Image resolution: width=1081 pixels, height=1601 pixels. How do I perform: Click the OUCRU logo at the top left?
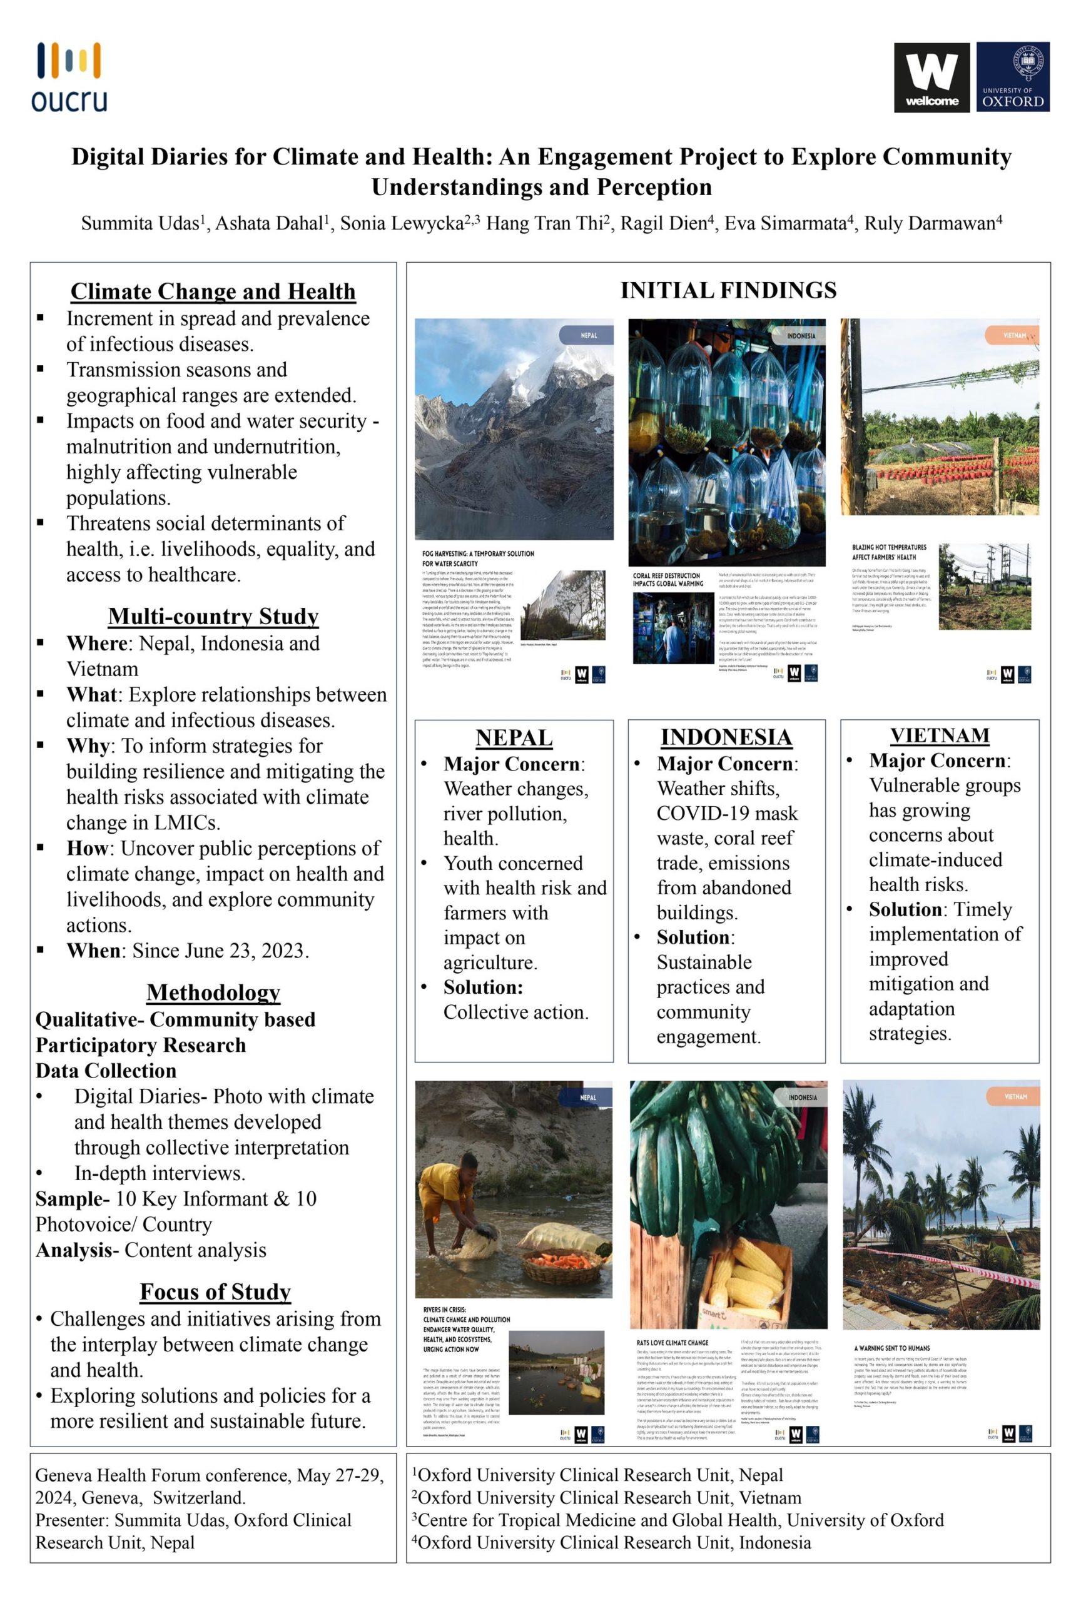69,76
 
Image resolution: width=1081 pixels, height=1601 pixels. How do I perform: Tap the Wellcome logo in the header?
931,76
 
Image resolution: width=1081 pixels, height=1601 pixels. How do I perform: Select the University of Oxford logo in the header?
1012,76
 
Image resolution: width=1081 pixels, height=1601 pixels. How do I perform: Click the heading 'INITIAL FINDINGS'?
728,290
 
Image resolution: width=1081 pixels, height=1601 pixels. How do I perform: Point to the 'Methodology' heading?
213,992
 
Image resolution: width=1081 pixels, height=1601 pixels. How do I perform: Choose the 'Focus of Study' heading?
215,1291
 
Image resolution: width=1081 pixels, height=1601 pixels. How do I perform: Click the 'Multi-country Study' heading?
213,616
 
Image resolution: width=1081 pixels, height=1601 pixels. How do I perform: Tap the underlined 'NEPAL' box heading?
514,738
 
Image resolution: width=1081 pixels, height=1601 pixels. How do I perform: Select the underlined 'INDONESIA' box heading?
726,737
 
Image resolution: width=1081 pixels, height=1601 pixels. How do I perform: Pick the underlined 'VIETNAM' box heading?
939,735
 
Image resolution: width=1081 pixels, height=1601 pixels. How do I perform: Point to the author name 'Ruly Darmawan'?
930,223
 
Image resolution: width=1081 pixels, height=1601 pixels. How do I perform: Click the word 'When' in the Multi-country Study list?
93,951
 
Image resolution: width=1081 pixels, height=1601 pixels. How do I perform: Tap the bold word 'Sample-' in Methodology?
72,1199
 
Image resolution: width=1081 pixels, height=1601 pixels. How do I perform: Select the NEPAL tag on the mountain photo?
587,335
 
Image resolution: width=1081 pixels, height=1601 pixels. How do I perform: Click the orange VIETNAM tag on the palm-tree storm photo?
1014,1097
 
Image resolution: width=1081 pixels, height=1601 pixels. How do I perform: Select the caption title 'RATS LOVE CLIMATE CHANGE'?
672,1343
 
